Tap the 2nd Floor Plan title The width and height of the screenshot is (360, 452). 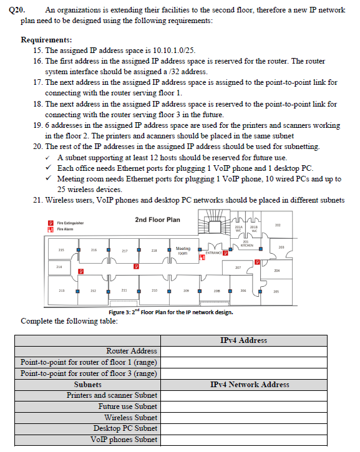click(157, 219)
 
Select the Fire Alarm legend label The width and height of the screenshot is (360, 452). click(64, 229)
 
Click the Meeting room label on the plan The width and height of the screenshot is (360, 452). click(183, 251)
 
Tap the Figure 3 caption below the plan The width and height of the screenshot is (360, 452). click(170, 312)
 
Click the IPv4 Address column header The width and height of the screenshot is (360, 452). click(243, 340)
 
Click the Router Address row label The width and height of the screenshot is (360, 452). click(131, 352)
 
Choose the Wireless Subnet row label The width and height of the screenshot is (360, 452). click(130, 418)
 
